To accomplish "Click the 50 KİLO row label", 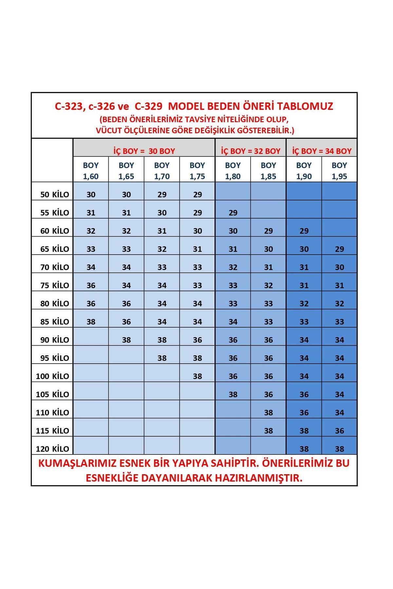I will click(x=55, y=194).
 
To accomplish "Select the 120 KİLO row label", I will click(x=52, y=449).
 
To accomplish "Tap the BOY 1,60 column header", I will click(x=91, y=170).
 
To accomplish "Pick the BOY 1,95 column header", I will click(x=339, y=170).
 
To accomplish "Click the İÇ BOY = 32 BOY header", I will click(x=251, y=151).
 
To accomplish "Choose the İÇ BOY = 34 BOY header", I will click(x=322, y=151).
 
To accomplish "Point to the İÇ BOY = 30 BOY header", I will click(x=144, y=151).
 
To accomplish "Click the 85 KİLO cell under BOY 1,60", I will click(x=91, y=322).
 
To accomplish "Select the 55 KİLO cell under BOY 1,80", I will click(x=233, y=213).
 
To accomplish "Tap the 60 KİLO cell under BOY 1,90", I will click(x=304, y=231).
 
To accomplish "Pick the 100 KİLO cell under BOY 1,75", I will click(x=197, y=376).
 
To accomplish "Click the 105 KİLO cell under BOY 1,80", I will click(x=233, y=394).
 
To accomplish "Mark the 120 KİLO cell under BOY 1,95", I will click(x=339, y=449).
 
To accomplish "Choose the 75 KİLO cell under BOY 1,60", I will click(x=91, y=285).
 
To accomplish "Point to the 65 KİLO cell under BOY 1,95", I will click(x=339, y=249).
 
